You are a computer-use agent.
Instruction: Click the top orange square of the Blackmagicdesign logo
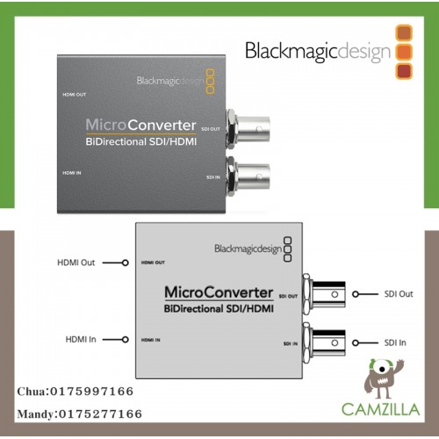404,32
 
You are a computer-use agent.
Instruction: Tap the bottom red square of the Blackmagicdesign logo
404,71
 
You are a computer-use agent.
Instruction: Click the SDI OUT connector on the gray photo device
248,129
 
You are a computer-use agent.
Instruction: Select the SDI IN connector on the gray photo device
248,177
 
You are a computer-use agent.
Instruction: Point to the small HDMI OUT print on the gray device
75,95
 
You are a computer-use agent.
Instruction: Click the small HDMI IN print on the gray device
72,173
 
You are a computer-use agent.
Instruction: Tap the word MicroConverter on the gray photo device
140,125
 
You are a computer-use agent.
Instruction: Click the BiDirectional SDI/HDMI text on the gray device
141,142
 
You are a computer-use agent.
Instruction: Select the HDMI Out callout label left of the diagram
76,263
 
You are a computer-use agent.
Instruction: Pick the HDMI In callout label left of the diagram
81,340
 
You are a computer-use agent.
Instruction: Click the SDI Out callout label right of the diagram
399,294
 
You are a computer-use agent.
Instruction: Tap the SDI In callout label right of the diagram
395,342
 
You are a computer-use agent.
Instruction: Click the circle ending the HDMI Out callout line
126,263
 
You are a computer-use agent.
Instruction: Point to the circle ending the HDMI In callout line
126,340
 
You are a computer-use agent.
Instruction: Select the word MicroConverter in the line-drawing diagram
219,292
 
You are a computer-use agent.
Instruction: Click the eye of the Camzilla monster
381,369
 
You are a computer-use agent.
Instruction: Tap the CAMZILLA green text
381,409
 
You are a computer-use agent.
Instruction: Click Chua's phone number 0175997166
91,392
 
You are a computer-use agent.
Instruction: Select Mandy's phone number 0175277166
100,414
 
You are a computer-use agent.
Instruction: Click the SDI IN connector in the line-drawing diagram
324,342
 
